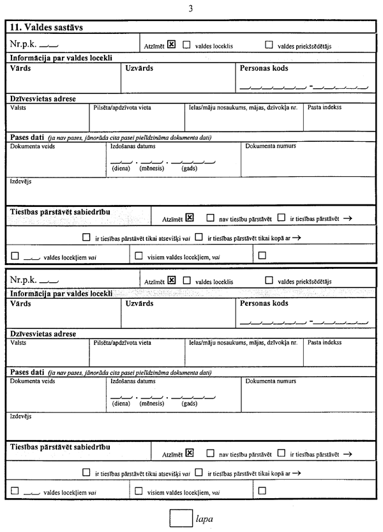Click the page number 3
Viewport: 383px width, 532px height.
point(191,8)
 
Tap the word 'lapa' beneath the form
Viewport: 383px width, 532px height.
point(204,519)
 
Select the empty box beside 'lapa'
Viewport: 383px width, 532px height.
point(181,518)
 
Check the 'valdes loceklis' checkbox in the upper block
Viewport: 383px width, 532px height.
point(187,45)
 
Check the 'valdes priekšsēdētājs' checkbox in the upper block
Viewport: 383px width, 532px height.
point(269,45)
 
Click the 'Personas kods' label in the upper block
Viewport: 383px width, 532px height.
point(264,68)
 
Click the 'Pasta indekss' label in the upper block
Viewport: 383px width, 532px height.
point(324,107)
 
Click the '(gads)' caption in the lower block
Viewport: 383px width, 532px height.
point(190,404)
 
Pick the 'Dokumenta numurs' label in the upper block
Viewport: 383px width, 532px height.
point(271,146)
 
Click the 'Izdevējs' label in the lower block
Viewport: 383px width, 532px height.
point(21,416)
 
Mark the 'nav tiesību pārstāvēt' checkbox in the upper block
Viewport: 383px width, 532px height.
point(211,218)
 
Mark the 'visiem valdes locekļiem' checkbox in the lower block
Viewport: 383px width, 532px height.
point(139,491)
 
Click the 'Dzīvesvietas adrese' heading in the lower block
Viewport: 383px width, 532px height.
point(43,334)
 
